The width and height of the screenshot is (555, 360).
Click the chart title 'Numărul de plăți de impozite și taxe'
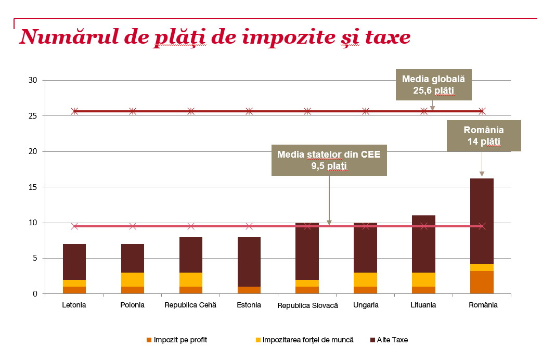coord(214,37)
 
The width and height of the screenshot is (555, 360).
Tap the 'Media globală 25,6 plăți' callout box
coord(433,85)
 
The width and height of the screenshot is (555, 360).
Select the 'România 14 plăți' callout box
coord(484,136)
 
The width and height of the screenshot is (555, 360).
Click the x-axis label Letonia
coord(74,305)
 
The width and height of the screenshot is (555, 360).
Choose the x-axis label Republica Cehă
coord(190,305)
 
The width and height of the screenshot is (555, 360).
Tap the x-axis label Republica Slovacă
coord(307,306)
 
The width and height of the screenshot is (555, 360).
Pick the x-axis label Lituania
coord(423,305)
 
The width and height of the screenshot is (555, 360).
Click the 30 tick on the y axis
coord(33,81)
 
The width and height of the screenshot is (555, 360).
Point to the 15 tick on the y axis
coord(33,187)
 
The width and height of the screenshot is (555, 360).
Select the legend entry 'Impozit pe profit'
coord(177,340)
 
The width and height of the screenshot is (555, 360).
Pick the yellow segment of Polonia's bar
coord(133,279)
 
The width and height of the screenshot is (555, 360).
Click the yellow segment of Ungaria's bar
coord(365,279)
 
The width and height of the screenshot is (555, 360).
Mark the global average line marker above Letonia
coord(74,111)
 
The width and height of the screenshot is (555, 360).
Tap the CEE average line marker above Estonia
coord(249,226)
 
